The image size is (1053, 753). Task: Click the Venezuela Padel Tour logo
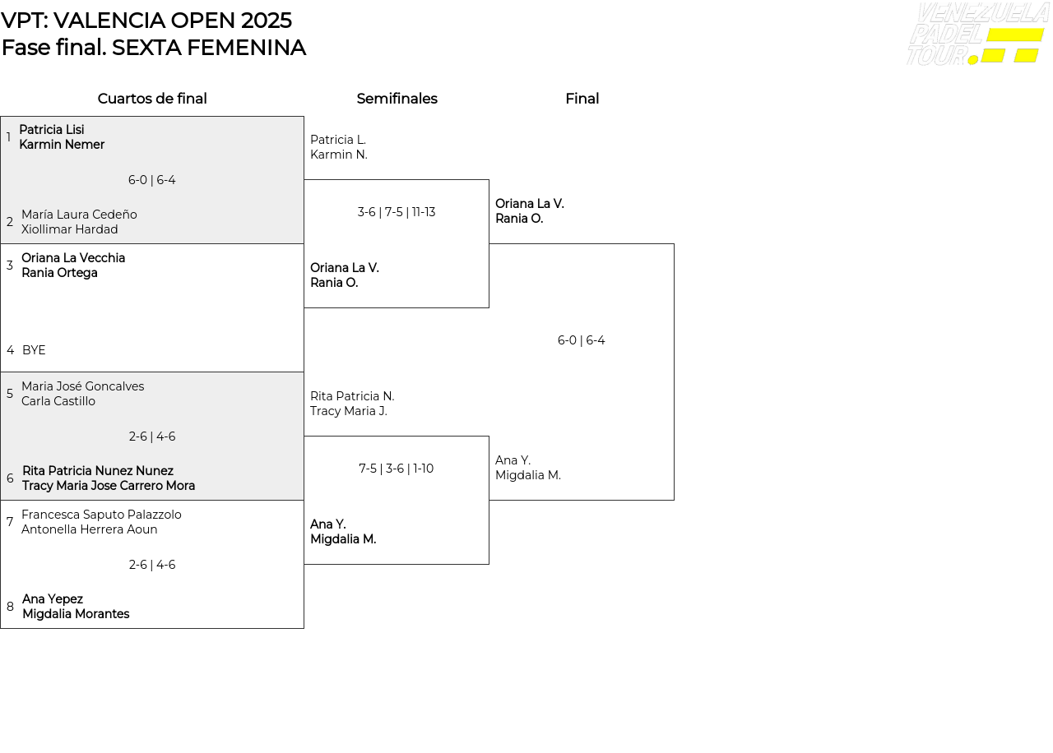976,35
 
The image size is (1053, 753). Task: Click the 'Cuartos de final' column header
152,99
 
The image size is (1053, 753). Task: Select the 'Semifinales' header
397,99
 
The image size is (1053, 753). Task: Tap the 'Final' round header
582,99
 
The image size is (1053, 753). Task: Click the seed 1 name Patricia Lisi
51,130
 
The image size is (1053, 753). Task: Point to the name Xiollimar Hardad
70,229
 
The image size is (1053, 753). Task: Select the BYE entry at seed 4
34,350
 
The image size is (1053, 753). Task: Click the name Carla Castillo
58,401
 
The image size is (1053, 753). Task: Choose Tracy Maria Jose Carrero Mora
109,486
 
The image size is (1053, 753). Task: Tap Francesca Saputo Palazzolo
101,515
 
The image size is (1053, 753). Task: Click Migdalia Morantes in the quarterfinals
76,614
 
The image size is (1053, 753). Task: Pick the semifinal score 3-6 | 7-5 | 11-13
397,212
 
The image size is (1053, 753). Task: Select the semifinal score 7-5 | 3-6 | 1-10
397,469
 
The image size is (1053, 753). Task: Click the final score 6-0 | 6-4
582,340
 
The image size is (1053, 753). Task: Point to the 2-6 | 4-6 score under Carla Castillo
152,437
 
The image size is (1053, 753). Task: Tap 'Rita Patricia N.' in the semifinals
352,396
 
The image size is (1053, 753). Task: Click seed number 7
10,522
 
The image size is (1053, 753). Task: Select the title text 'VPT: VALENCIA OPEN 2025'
146,21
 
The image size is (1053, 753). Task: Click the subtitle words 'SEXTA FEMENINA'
209,48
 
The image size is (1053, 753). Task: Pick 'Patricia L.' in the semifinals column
338,140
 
